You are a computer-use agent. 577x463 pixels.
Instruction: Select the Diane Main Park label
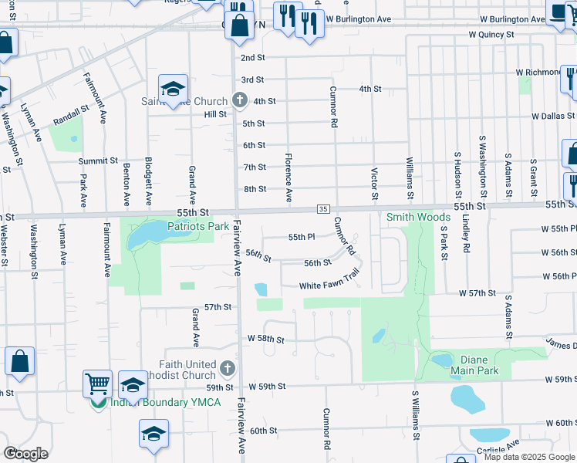pyautogui.click(x=479, y=365)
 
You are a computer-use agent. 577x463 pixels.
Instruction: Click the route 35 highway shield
pyautogui.click(x=323, y=210)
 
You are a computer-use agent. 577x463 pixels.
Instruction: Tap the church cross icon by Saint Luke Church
pyautogui.click(x=240, y=100)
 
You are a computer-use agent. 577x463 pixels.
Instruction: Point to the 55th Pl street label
pyautogui.click(x=302, y=237)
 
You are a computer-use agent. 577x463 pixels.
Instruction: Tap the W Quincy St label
pyautogui.click(x=492, y=35)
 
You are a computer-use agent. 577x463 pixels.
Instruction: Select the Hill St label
pyautogui.click(x=215, y=113)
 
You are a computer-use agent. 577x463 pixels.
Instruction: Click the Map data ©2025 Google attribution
pyautogui.click(x=529, y=457)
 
